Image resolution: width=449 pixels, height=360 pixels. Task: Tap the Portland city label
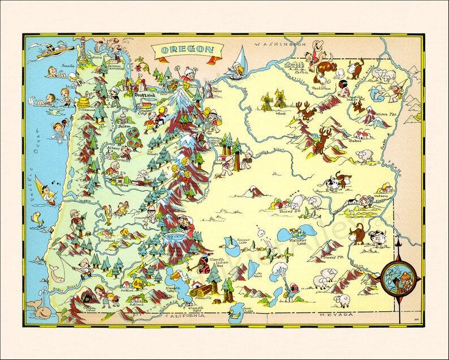144,96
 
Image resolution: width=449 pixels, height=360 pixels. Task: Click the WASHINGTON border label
279,44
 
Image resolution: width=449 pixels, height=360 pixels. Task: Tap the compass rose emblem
398,280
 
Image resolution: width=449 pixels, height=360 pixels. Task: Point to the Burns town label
287,212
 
